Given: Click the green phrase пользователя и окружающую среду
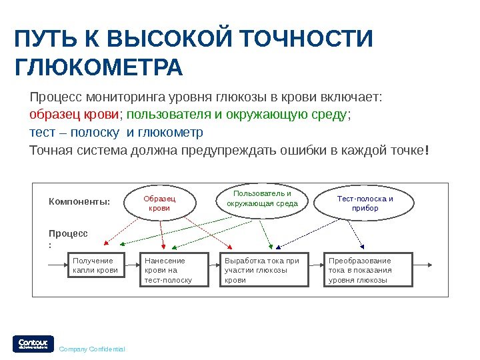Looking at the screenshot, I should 237,115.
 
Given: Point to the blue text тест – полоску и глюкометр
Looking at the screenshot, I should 116,132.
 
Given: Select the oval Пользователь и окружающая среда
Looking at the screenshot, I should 262,199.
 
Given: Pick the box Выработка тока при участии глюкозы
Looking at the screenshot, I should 265,270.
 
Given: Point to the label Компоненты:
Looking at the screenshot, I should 79,202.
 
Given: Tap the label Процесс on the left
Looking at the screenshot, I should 68,234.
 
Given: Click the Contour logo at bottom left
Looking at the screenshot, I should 31,343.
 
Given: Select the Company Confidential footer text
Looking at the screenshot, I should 92,349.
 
